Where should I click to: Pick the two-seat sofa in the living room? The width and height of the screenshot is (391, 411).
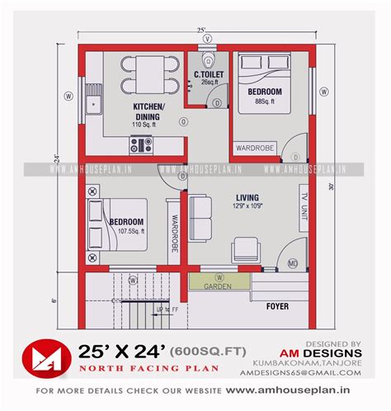tap(198, 216)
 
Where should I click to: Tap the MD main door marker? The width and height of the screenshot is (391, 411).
tap(293, 263)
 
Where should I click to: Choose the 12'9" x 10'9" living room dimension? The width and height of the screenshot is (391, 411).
tap(247, 207)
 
